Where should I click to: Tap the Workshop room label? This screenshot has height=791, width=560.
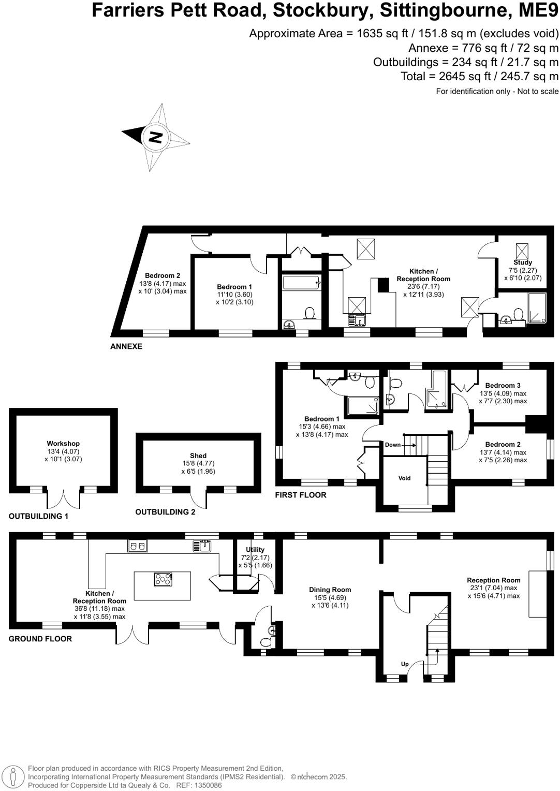pos(63,444)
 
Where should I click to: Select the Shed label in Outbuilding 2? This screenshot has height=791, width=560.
pos(198,456)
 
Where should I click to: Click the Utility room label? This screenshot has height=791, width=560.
pos(255,550)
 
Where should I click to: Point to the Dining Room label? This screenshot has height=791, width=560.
pos(330,590)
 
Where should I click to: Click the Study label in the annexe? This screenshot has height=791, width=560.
pos(523,262)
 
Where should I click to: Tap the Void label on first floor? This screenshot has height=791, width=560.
pos(404,478)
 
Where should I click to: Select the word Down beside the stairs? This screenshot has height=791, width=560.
pos(393,445)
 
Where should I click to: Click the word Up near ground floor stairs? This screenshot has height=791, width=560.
pos(405,664)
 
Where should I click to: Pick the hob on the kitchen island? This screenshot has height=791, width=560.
pos(163,579)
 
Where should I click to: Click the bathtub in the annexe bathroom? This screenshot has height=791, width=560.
pos(301,283)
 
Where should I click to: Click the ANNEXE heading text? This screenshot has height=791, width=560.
pos(126,346)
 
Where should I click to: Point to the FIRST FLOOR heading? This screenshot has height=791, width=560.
pos(301,495)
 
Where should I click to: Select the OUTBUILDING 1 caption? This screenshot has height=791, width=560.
pos(38,516)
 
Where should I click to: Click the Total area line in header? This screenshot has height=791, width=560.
pos(479,77)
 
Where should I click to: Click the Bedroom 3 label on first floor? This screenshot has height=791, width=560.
pos(503,386)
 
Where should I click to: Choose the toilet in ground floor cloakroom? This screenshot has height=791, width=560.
pos(265,642)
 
